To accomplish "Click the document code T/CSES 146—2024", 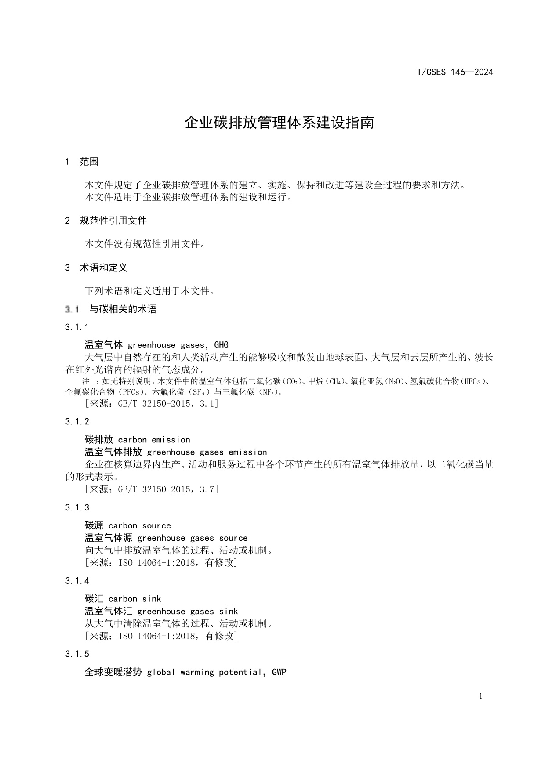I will [455, 72].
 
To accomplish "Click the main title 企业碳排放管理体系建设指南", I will [279, 123].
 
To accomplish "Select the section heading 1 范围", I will [82, 162].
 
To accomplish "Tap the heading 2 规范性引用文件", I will [106, 221].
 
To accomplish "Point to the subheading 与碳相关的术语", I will [123, 309].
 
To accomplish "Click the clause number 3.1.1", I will [77, 327].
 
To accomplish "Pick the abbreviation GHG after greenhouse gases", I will [221, 345].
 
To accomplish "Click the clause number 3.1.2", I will [77, 422].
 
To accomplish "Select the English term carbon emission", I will [154, 440].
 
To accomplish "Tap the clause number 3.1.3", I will [77, 508].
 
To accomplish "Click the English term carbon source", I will [139, 526].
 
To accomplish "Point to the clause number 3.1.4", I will [77, 581].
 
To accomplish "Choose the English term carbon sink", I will [134, 599].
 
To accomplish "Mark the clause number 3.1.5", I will [77, 654].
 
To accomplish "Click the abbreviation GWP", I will [279, 672].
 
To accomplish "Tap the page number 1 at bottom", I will [481, 696].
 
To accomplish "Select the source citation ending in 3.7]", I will [151, 489].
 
